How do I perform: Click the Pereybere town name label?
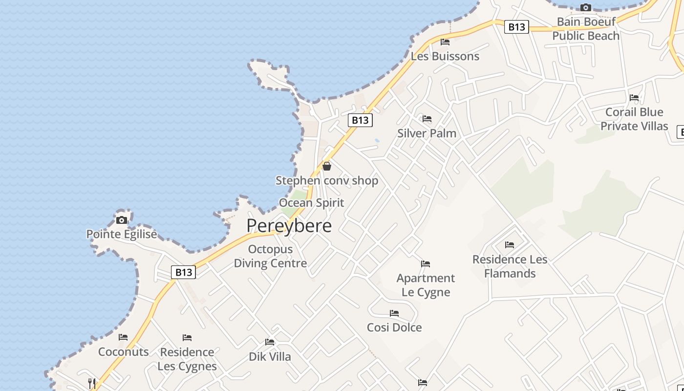[x=289, y=226]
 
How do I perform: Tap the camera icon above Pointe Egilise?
[x=122, y=220]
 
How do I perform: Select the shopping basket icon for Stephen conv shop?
[x=327, y=166]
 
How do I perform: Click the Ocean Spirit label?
[x=311, y=203]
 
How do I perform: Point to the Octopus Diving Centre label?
[x=270, y=256]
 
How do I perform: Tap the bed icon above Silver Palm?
[x=427, y=119]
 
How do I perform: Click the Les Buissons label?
[x=445, y=56]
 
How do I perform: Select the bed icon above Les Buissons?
[x=445, y=42]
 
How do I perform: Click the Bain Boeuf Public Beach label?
[x=586, y=29]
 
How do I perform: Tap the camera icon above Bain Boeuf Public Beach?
[x=585, y=7]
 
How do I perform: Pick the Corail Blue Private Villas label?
[x=634, y=119]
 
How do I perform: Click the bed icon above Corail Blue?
[x=634, y=98]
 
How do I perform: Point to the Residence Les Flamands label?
[x=510, y=266]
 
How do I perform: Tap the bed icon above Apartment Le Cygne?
[x=426, y=264]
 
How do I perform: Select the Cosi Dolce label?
[x=394, y=327]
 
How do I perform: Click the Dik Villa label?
[x=270, y=357]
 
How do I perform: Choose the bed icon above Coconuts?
[x=123, y=337]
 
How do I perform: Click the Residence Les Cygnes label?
[x=187, y=359]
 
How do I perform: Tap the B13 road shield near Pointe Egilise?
[x=184, y=272]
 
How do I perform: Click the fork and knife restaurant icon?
[x=91, y=383]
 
